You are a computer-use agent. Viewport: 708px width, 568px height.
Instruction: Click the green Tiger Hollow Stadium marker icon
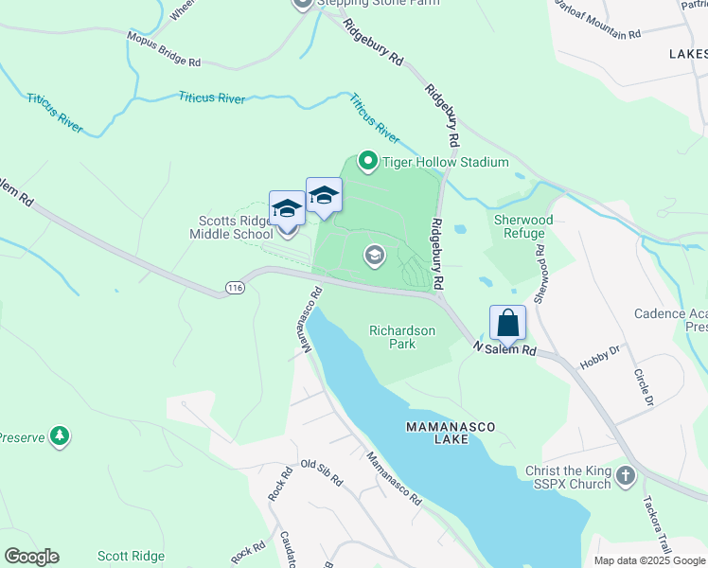click(x=368, y=162)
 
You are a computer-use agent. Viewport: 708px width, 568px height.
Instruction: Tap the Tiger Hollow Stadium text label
click(x=446, y=162)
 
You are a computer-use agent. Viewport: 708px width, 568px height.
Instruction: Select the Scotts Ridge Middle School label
click(x=231, y=227)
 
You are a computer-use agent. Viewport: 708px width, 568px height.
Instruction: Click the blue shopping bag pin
click(x=508, y=323)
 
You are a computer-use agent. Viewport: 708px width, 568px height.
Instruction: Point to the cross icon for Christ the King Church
click(x=625, y=475)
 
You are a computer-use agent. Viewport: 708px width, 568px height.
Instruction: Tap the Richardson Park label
click(x=402, y=337)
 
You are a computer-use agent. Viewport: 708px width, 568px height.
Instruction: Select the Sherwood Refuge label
click(x=520, y=226)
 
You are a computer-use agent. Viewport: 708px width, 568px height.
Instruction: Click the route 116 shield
click(x=234, y=286)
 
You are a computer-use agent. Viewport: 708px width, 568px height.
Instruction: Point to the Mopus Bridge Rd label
click(x=164, y=50)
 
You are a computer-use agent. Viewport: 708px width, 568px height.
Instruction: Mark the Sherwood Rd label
click(x=540, y=275)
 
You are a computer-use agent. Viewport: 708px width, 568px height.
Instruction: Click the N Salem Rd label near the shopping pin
click(x=504, y=349)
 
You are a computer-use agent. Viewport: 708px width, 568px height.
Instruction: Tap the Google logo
click(x=31, y=557)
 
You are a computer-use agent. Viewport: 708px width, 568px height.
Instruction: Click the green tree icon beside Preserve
click(x=61, y=435)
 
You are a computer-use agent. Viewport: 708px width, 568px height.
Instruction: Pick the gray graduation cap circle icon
click(x=375, y=255)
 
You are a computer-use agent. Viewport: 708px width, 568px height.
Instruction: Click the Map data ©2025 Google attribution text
click(x=649, y=560)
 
